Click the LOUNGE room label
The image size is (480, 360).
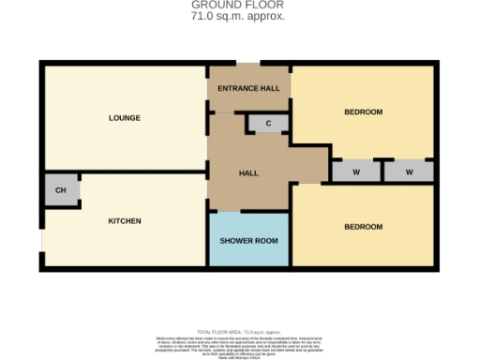(124, 118)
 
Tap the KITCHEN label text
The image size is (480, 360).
(124, 221)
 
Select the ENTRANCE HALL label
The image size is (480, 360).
(248, 88)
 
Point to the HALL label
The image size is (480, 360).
(248, 173)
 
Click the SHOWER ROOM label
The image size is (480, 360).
(248, 241)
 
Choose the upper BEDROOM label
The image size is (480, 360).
(363, 112)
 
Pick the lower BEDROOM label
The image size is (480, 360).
(363, 227)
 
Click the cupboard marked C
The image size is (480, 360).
(268, 123)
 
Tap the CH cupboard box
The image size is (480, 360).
(61, 190)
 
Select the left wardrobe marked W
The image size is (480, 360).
(356, 172)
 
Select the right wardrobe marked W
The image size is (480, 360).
(410, 172)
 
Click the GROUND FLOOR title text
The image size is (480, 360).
(239, 6)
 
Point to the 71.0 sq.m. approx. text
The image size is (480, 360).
(239, 17)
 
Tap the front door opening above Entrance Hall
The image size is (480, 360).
(248, 64)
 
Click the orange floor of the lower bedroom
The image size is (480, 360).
(375, 248)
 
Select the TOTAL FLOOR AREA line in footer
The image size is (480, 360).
(241, 332)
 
